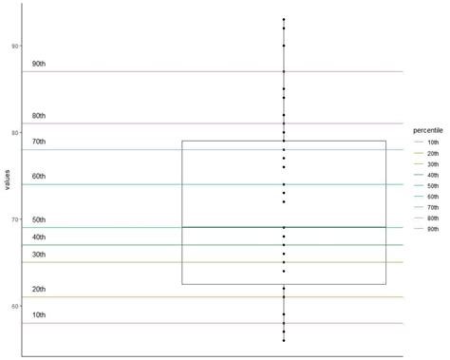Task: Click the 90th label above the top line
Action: (x=38, y=64)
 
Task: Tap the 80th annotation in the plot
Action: (x=38, y=116)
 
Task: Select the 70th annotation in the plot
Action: (x=38, y=142)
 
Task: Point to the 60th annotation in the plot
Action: (x=38, y=177)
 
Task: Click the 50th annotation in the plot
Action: (x=38, y=220)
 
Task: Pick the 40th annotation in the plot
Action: (x=38, y=237)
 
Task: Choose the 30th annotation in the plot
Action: (x=38, y=255)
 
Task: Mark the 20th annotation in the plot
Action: (x=38, y=289)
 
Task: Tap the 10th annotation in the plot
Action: (x=38, y=314)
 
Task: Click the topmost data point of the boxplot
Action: (x=283, y=19)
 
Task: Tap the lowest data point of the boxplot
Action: (x=283, y=340)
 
